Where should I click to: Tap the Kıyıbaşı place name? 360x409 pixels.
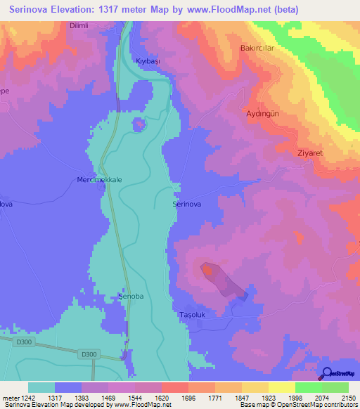tap(148, 62)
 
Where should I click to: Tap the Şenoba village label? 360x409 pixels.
tap(131, 297)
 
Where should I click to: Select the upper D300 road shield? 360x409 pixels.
tap(23, 342)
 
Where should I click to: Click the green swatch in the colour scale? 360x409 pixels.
tap(309, 387)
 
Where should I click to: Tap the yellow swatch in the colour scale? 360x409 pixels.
tap(281, 387)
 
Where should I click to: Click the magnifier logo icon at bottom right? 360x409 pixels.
tap(326, 372)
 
